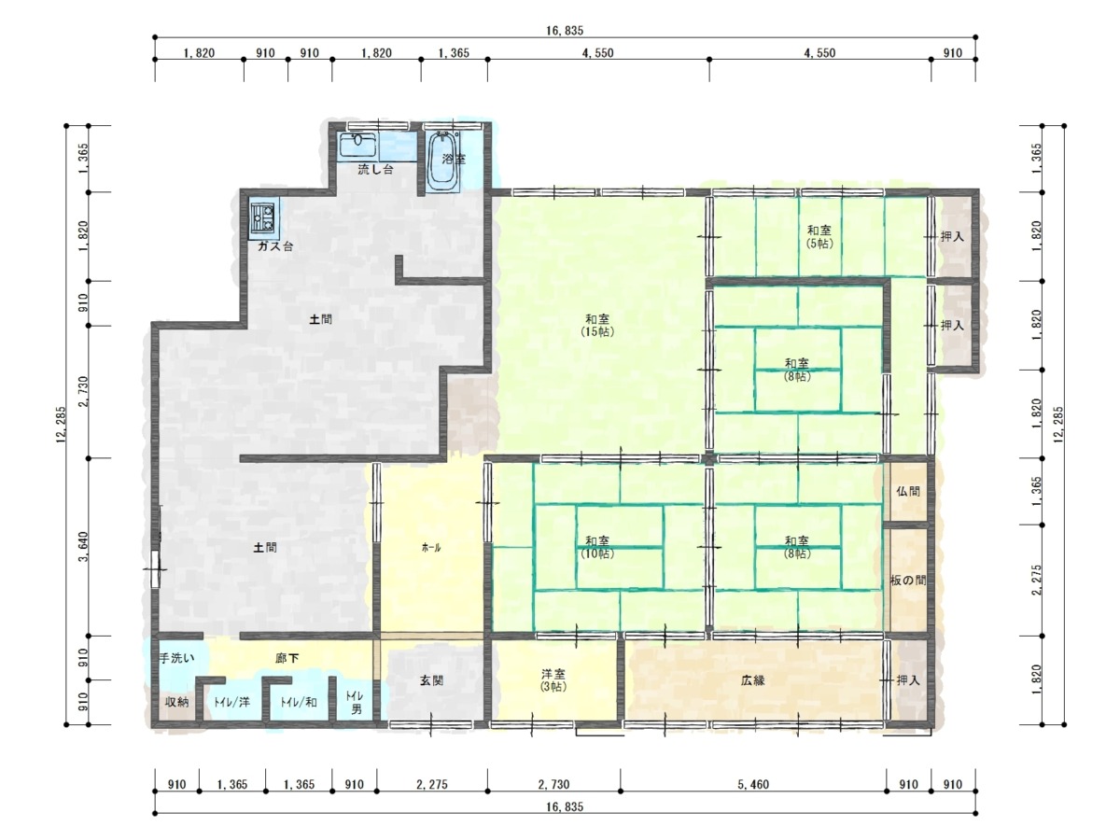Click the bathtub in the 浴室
coord(442,161)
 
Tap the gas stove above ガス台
coord(263,217)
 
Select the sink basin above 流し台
coord(358,146)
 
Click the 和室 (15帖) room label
coord(597,326)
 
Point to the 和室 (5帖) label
coord(819,237)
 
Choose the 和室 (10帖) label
coord(597,547)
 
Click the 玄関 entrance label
coord(432,680)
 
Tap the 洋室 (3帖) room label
coord(553,680)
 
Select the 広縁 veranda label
coord(752,680)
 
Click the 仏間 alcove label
coord(908,491)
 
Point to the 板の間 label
coord(908,580)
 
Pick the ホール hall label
coord(431,548)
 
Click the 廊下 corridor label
coord(287,658)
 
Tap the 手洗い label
coord(177,658)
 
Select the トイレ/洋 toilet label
coord(231,702)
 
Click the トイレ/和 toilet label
coord(299,702)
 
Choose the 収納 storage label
coord(177,702)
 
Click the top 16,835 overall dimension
coord(565,31)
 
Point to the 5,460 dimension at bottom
coord(753,784)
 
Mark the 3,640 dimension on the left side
coord(84,547)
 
